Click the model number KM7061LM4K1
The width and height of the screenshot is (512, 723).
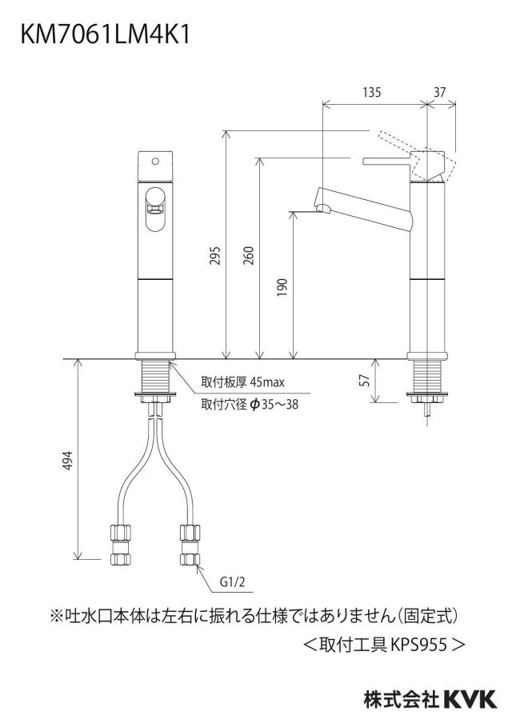point(105,35)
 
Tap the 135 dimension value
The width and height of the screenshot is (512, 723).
point(372,93)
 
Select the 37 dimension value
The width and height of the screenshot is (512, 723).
point(439,93)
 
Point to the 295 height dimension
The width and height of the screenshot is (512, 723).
point(215,256)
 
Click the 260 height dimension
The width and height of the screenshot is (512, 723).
point(249,256)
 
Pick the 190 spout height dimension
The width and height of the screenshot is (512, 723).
point(282,287)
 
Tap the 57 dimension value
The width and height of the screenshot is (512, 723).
point(365,381)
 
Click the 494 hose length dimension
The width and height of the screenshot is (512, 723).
point(68,460)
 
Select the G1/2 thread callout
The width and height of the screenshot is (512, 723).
point(232,582)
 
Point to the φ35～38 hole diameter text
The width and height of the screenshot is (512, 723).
point(274,405)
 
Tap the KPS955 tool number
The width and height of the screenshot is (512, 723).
point(419,645)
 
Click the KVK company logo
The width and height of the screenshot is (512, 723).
point(470,699)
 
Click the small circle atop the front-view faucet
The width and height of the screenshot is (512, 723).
point(155,162)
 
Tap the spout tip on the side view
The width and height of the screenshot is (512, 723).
point(324,210)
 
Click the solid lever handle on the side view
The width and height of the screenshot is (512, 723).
point(404,161)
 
